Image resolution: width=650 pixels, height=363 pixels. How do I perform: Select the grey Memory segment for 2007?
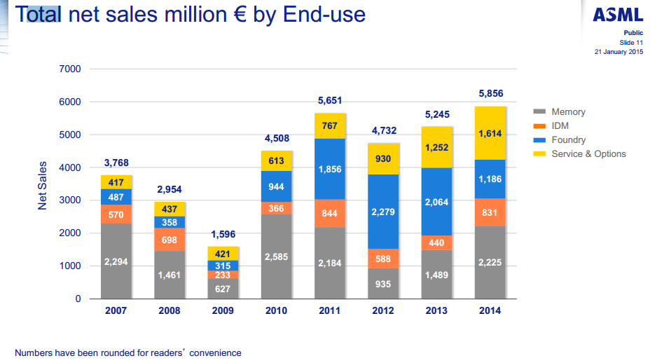[116, 261]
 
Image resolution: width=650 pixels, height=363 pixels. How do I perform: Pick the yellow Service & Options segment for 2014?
[490, 133]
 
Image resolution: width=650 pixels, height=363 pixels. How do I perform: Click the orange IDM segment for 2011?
[329, 214]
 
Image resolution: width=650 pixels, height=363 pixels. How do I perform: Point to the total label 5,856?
[490, 93]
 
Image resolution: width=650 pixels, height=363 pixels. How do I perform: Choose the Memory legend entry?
[568, 112]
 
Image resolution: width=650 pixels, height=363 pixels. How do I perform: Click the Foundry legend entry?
[568, 140]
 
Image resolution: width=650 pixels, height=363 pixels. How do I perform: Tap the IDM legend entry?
[561, 126]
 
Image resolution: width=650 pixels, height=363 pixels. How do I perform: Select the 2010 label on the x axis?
[276, 311]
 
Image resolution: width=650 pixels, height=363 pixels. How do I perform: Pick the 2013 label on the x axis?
[436, 311]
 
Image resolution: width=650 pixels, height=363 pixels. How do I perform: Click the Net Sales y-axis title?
[42, 185]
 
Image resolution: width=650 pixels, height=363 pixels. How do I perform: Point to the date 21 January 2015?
[618, 52]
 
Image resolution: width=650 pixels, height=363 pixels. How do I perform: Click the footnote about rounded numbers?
[127, 352]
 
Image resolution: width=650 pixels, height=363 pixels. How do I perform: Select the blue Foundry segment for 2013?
[436, 202]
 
